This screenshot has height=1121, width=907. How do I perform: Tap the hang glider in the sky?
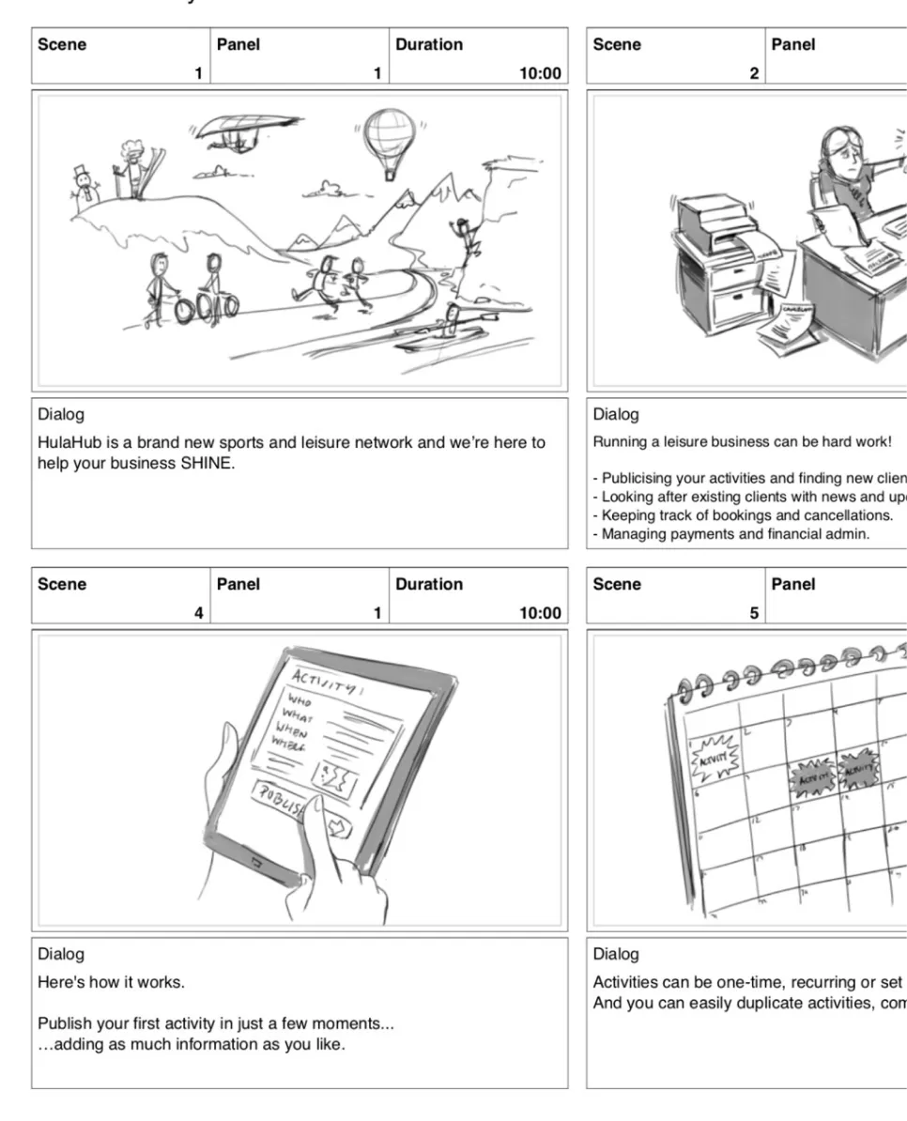pyautogui.click(x=242, y=129)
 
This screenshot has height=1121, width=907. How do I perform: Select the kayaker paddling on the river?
pyautogui.click(x=450, y=325)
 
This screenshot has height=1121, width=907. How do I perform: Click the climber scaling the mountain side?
pyautogui.click(x=462, y=239)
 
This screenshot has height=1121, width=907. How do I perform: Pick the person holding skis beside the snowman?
pyautogui.click(x=131, y=167)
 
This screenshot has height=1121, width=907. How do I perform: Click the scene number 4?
pyautogui.click(x=198, y=613)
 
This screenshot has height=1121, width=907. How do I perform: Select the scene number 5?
pyautogui.click(x=754, y=613)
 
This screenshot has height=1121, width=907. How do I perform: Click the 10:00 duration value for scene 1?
pyautogui.click(x=541, y=73)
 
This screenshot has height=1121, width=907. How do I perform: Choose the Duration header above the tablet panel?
pyautogui.click(x=429, y=584)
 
